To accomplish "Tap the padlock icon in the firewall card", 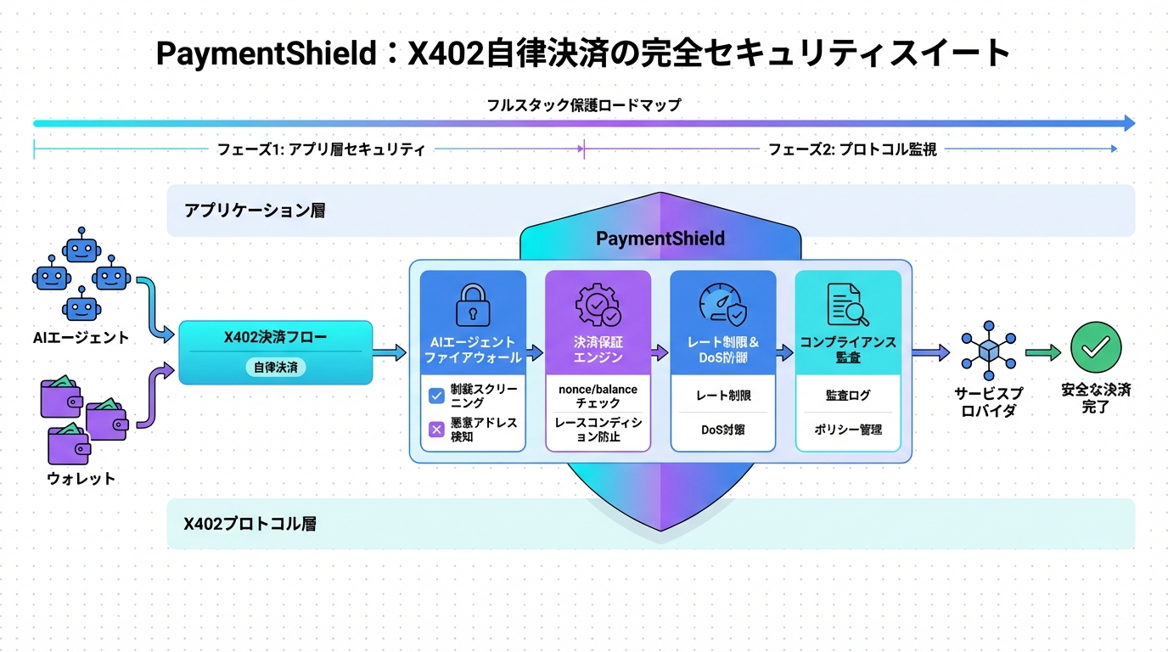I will (473, 304).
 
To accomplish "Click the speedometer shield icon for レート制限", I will (722, 304).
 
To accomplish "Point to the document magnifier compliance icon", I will (847, 304).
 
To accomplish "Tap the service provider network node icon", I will (989, 350).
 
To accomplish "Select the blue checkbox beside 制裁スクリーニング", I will (436, 396).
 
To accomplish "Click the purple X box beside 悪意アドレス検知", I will (436, 430).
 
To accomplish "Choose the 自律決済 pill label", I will (275, 368).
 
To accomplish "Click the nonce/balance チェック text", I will (598, 396).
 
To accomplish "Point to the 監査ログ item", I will (847, 396).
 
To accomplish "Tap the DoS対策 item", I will (722, 430).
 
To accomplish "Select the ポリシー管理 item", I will (847, 430).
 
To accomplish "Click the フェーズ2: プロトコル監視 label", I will (852, 149).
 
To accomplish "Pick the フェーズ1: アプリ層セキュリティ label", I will (321, 149).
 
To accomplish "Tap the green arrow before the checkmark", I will (1043, 352).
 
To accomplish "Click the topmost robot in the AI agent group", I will (81, 246).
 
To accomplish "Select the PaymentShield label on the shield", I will (660, 239).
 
